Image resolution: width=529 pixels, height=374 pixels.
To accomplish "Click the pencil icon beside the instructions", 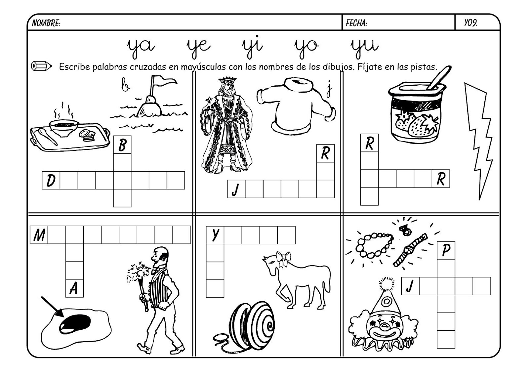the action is click(41, 66).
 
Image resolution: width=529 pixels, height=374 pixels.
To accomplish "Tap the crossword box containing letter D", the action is click(51, 180).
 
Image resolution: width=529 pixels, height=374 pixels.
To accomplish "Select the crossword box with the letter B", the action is click(122, 145).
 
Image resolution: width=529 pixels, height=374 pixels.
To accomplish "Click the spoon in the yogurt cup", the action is click(438, 78).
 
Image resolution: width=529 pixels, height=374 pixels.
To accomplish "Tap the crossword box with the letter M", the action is click(39, 235).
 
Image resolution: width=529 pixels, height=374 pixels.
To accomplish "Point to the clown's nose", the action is click(385, 326).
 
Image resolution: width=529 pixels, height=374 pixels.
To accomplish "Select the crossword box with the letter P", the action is click(446, 250).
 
